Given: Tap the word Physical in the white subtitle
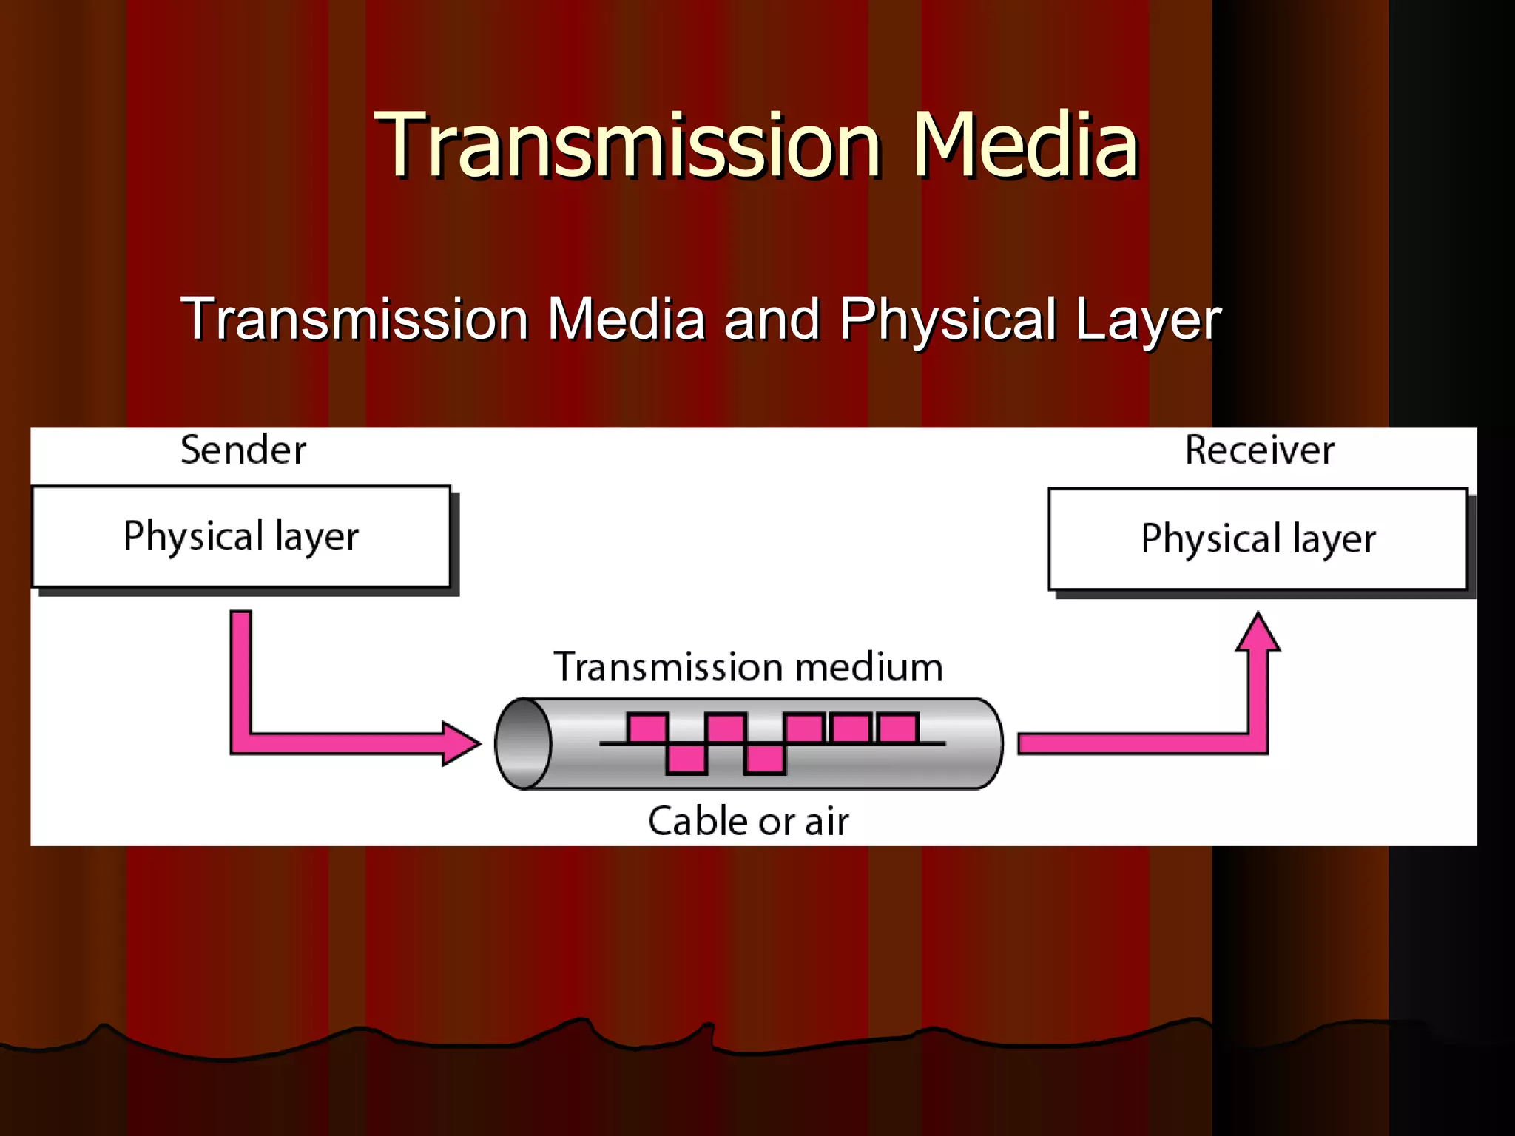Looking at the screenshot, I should coord(948,319).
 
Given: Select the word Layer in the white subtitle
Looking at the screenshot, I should coord(1147,319).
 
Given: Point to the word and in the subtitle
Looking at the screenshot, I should coord(772,319).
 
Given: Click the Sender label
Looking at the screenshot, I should coord(243,450).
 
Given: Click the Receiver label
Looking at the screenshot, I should coord(1259,450).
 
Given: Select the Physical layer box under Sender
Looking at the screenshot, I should coord(241,536).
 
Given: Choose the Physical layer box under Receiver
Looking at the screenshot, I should coord(1258,538).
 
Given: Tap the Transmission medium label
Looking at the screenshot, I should coord(748,666).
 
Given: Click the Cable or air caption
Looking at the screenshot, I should coord(748,821).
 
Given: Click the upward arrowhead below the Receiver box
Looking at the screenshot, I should coord(1258,632).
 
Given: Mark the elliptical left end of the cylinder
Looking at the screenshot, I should coord(523,743).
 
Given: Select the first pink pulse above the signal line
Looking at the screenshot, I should coord(647,728).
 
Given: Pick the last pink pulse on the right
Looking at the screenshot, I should coord(898,728).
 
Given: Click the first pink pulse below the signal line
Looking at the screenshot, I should coord(686,759).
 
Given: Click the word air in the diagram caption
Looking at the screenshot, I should coord(826,821).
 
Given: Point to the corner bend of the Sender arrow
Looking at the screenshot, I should coord(241,743).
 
